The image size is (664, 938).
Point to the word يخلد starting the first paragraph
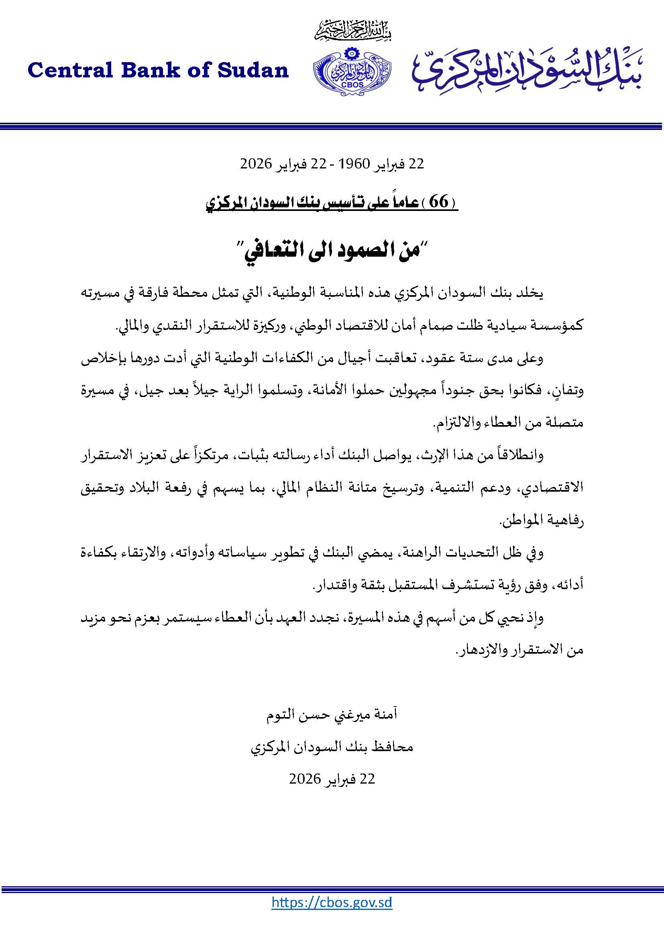[x=530, y=294]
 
